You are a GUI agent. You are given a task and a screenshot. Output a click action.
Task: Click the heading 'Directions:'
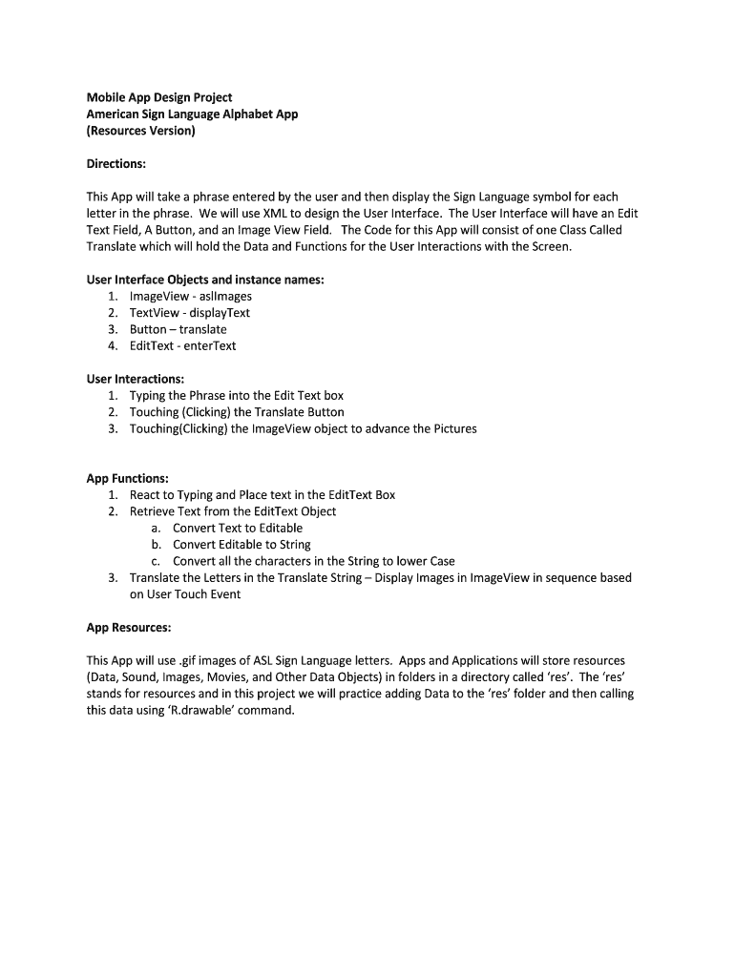click(x=115, y=164)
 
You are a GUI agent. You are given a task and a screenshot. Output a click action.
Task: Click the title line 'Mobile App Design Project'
click(x=159, y=97)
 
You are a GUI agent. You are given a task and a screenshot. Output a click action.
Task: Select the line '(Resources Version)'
click(x=140, y=131)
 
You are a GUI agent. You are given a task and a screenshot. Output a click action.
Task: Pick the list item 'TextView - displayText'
click(x=190, y=313)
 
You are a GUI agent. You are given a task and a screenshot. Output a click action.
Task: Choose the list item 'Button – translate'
click(x=178, y=329)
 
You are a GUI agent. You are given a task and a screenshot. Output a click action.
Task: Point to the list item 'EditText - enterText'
click(x=183, y=345)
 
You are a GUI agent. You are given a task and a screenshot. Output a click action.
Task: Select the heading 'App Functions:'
click(x=127, y=478)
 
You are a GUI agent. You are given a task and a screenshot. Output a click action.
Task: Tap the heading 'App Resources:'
click(x=129, y=628)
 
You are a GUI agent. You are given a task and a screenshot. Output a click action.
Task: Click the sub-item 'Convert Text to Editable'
click(x=238, y=528)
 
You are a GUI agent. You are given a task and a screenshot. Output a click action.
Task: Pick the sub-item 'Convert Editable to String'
click(x=241, y=545)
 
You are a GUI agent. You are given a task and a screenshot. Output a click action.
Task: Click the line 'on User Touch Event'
click(x=185, y=594)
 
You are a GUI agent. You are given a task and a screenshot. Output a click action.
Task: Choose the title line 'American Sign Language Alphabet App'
click(x=193, y=114)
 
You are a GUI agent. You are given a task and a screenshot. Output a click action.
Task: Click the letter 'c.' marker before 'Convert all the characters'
click(x=156, y=561)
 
